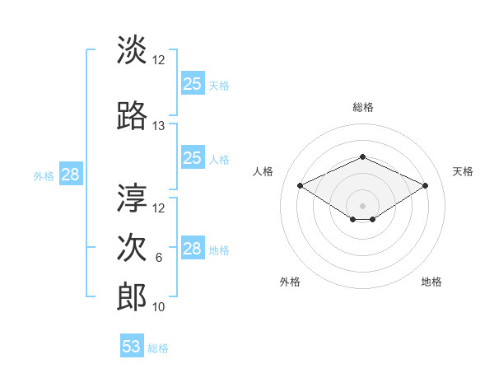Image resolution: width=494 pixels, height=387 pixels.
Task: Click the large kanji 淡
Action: tap(132, 49)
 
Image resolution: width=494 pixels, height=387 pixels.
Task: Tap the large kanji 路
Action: tap(132, 115)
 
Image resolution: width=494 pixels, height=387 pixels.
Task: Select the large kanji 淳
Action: tap(132, 198)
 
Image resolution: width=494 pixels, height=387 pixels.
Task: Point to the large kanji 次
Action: tap(132, 247)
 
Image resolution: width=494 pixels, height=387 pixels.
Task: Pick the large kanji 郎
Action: tap(132, 296)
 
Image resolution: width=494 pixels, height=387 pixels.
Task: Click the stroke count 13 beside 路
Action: tap(158, 126)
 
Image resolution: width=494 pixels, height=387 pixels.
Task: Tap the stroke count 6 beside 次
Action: tap(159, 258)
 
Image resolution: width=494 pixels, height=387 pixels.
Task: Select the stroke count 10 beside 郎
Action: tap(158, 307)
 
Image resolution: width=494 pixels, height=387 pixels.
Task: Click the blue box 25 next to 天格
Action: tap(193, 83)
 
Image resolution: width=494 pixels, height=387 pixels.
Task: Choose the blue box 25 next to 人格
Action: tap(193, 157)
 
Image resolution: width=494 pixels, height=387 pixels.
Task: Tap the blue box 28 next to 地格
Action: tap(193, 247)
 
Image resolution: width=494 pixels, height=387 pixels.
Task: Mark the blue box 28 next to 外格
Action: tap(71, 174)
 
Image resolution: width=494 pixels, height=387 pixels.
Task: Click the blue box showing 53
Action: tap(132, 345)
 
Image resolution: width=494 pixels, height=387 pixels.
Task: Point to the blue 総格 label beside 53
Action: tap(158, 348)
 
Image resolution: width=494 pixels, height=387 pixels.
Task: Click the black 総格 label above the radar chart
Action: tap(363, 107)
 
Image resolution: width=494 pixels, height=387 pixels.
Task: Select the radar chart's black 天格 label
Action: tap(463, 171)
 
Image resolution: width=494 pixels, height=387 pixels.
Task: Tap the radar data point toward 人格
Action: tap(301, 186)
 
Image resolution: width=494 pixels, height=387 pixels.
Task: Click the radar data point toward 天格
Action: tap(426, 186)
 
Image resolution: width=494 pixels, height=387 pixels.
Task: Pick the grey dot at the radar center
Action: tap(362, 206)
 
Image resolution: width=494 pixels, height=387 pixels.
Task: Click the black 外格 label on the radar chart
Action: tap(290, 282)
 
